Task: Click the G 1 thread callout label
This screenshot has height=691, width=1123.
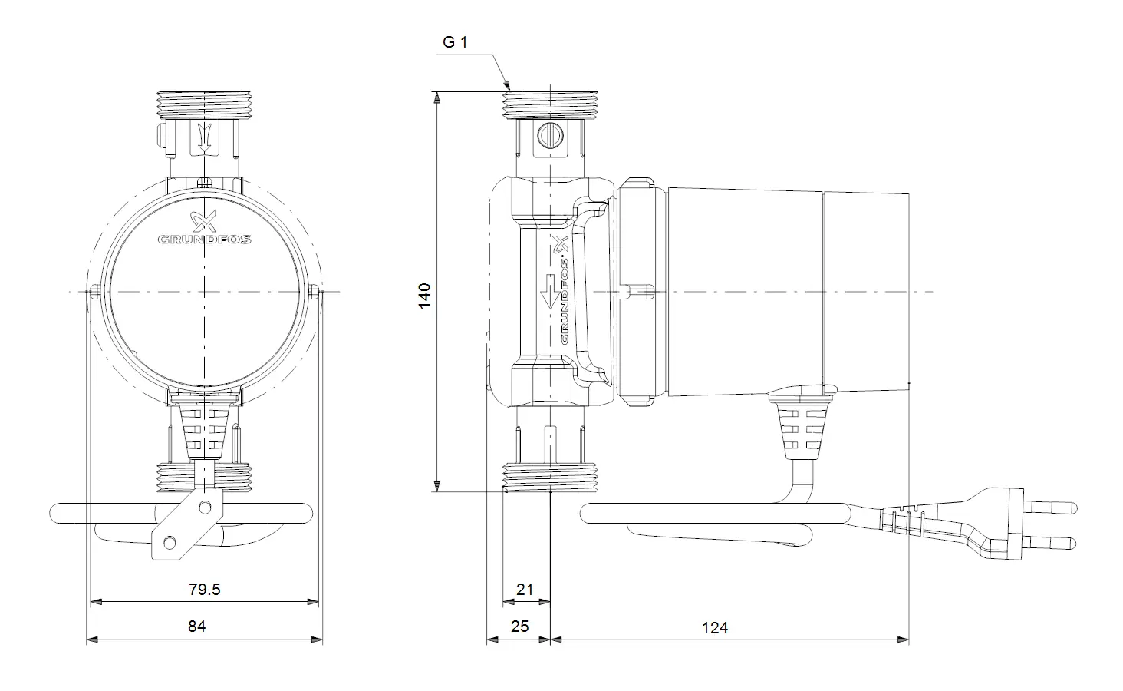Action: [x=455, y=42]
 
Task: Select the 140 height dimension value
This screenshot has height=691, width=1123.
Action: [x=425, y=296]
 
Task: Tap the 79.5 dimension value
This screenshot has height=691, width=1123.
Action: [x=205, y=589]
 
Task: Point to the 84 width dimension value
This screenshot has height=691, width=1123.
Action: [x=197, y=627]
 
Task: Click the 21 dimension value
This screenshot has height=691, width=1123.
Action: [x=525, y=589]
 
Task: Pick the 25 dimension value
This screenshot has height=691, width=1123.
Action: [x=520, y=627]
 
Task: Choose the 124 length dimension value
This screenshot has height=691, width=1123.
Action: [x=715, y=628]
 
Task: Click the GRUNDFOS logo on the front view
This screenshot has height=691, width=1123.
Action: [x=205, y=228]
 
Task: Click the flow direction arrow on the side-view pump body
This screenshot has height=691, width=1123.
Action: [x=550, y=291]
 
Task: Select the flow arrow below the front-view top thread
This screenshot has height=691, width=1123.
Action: [x=205, y=137]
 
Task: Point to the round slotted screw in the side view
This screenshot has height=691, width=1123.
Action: [x=550, y=135]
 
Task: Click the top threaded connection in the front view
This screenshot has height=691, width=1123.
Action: [x=205, y=105]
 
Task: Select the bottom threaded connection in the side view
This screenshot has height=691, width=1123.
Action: [x=550, y=478]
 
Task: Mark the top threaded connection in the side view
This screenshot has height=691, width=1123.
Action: [x=550, y=105]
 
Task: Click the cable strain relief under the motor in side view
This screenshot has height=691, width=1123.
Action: [x=802, y=427]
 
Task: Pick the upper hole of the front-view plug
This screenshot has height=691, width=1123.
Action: [x=205, y=508]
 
